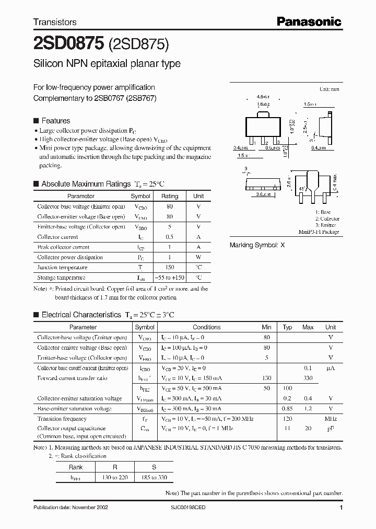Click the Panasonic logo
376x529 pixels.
309,21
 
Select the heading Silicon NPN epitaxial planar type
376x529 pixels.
107,64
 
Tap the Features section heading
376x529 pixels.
55,120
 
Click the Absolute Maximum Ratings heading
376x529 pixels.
86,184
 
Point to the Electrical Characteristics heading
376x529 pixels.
81,315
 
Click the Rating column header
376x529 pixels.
170,196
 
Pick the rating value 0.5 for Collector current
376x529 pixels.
170,237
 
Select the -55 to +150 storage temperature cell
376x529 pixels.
170,278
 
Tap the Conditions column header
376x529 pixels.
207,327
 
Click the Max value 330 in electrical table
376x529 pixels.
308,378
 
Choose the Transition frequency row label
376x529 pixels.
62,419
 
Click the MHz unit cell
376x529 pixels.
330,419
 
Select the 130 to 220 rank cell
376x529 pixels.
115,478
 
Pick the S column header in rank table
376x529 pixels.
154,467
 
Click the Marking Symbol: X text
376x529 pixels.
257,245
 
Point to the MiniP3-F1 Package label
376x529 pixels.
319,232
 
